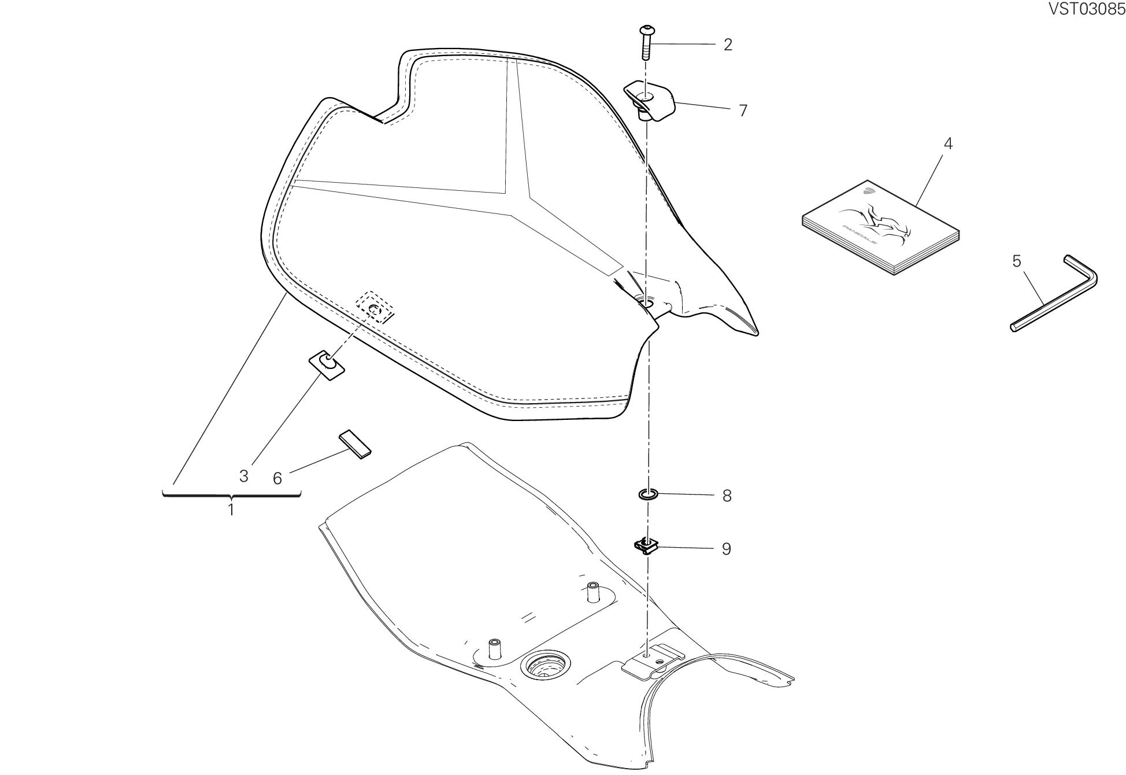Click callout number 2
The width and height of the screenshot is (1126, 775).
(728, 45)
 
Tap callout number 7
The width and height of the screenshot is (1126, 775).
(743, 110)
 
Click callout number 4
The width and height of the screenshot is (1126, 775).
(947, 143)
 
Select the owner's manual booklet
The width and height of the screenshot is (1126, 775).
(880, 228)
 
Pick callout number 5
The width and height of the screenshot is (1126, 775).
(1017, 261)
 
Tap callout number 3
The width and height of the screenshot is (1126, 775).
(244, 476)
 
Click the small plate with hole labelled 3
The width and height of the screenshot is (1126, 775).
(327, 365)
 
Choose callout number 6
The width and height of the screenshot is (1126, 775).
(277, 478)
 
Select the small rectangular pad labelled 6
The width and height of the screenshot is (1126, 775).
(355, 444)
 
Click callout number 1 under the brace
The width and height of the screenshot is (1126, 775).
(231, 510)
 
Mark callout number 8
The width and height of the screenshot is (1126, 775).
(727, 496)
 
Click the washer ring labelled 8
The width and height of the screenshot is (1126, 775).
(648, 494)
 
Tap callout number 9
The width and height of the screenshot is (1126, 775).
(727, 549)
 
